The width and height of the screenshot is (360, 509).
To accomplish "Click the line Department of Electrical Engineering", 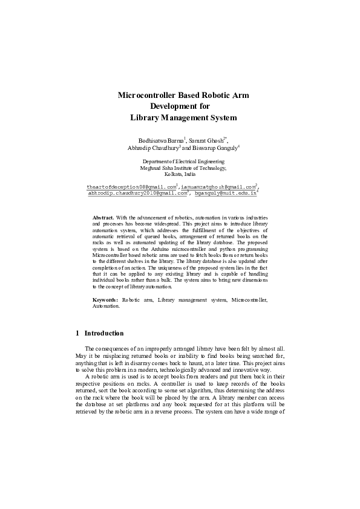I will [x=183, y=161].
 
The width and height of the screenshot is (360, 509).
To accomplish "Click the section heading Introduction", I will [x=104, y=333].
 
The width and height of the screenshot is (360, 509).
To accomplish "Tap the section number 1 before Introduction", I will [x=77, y=333].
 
